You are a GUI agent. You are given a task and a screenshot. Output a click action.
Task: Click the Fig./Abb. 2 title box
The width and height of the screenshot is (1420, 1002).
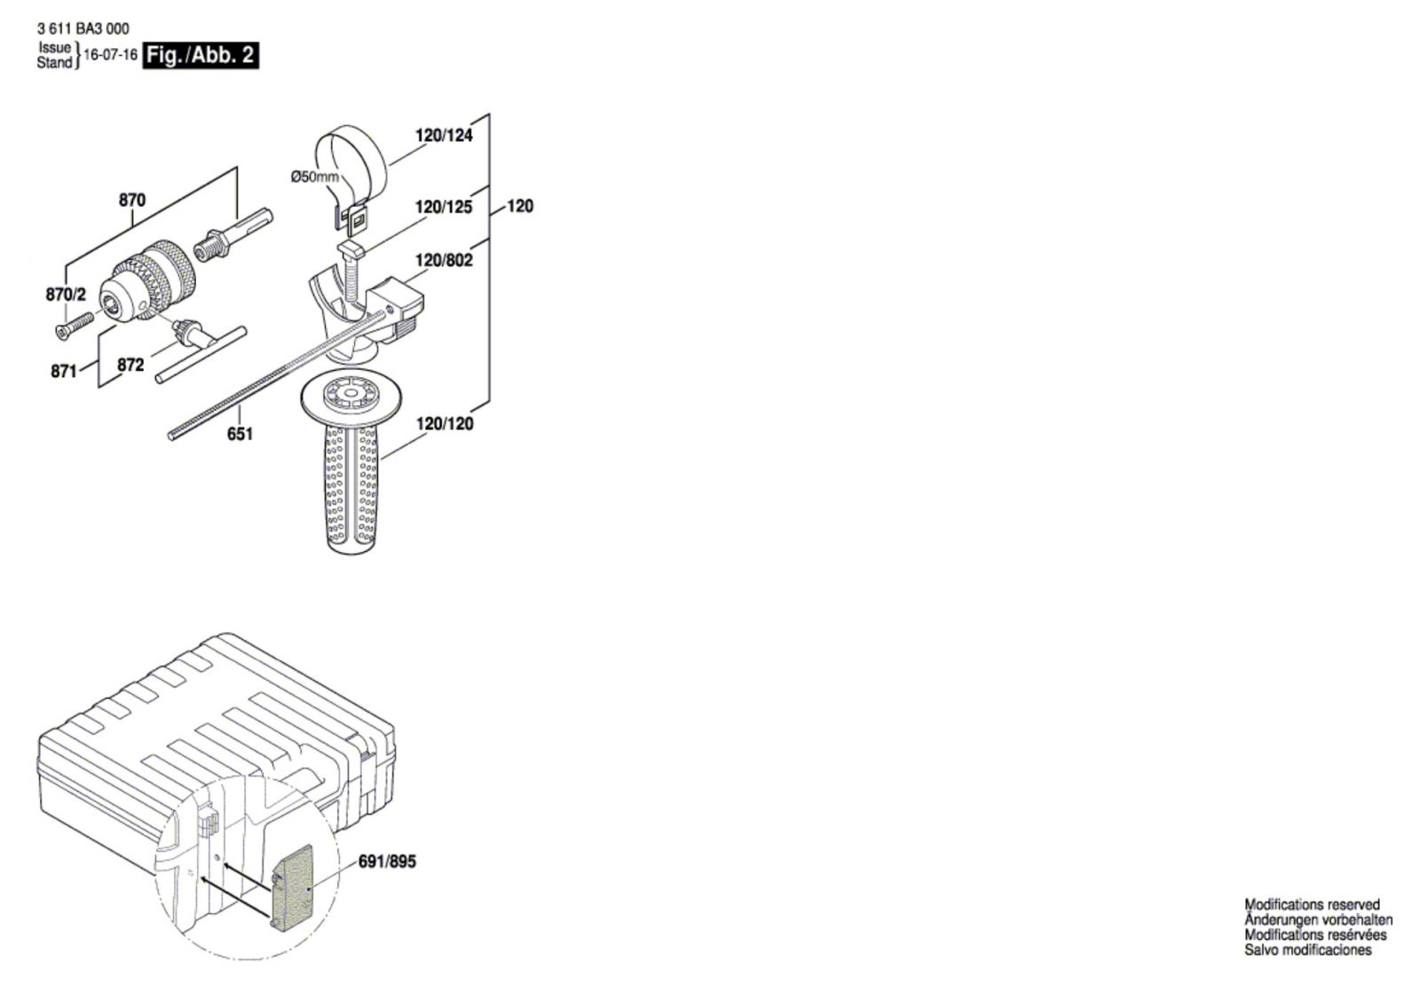(x=201, y=55)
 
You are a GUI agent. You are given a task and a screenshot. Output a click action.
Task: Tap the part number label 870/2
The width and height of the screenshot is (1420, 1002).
(x=66, y=295)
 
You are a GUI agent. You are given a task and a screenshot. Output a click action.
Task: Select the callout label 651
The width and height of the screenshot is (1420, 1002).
(x=240, y=433)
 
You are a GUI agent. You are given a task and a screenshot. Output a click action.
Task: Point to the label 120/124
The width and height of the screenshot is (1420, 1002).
(x=444, y=136)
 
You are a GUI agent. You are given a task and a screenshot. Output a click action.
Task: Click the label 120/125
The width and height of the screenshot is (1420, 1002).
(x=444, y=207)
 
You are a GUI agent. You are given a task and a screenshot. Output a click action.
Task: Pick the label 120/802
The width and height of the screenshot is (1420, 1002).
(x=444, y=260)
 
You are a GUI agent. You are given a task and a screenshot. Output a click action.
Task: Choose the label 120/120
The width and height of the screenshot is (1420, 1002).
(x=444, y=423)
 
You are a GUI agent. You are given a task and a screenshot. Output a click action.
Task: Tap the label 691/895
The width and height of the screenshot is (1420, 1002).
(x=387, y=862)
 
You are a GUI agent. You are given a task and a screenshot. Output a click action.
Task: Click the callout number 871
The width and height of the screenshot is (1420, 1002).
(x=64, y=372)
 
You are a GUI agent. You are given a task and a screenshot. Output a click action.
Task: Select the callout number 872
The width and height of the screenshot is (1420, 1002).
(x=130, y=365)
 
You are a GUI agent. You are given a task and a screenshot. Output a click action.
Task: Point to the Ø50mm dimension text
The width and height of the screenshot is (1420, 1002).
(x=315, y=177)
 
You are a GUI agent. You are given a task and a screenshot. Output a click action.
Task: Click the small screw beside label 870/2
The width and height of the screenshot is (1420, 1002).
(x=73, y=325)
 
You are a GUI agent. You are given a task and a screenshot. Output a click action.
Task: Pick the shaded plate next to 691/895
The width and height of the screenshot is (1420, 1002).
(x=292, y=888)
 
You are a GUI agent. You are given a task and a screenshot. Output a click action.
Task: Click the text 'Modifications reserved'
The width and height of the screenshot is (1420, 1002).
(x=1312, y=904)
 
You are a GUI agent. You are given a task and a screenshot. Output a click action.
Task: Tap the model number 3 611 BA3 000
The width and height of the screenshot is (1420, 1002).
(x=83, y=28)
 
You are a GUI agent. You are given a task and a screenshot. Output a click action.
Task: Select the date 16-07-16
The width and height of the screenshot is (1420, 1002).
(x=110, y=55)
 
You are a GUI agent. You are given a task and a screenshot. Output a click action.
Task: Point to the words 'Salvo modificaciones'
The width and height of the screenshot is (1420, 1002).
(x=1307, y=950)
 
